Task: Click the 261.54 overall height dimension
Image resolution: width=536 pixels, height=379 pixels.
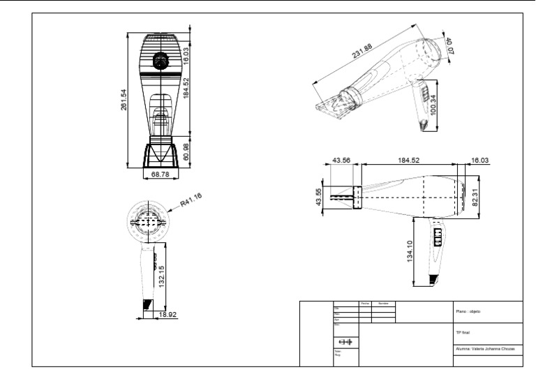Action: click(x=124, y=99)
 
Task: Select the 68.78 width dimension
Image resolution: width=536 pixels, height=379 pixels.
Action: click(x=161, y=174)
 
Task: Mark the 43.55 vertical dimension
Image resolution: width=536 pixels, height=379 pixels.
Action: click(x=320, y=197)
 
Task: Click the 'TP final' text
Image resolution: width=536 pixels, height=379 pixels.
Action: click(x=462, y=333)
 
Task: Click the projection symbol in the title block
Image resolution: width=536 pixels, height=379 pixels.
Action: click(x=345, y=342)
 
